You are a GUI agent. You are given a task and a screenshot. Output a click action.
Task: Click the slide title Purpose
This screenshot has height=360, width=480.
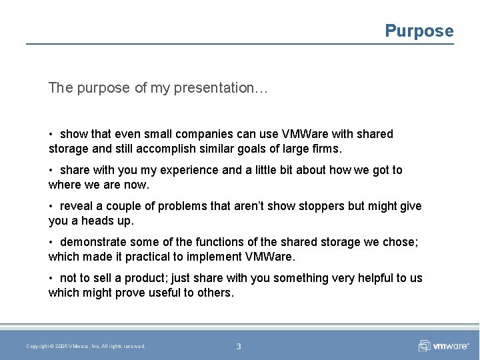[419, 31]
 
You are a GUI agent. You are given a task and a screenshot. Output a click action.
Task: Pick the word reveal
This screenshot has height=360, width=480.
[76, 206]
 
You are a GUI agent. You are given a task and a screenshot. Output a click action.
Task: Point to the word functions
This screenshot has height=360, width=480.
[203, 242]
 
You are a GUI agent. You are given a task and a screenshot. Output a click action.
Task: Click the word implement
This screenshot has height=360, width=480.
[203, 256]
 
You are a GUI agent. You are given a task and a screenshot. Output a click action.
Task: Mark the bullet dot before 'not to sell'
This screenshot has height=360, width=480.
[51, 278]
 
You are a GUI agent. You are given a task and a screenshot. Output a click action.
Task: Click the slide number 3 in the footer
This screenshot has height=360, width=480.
[239, 346]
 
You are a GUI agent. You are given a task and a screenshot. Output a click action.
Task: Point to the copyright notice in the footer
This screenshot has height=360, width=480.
[85, 346]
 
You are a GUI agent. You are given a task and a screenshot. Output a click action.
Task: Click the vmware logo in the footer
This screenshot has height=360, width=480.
[445, 346]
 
